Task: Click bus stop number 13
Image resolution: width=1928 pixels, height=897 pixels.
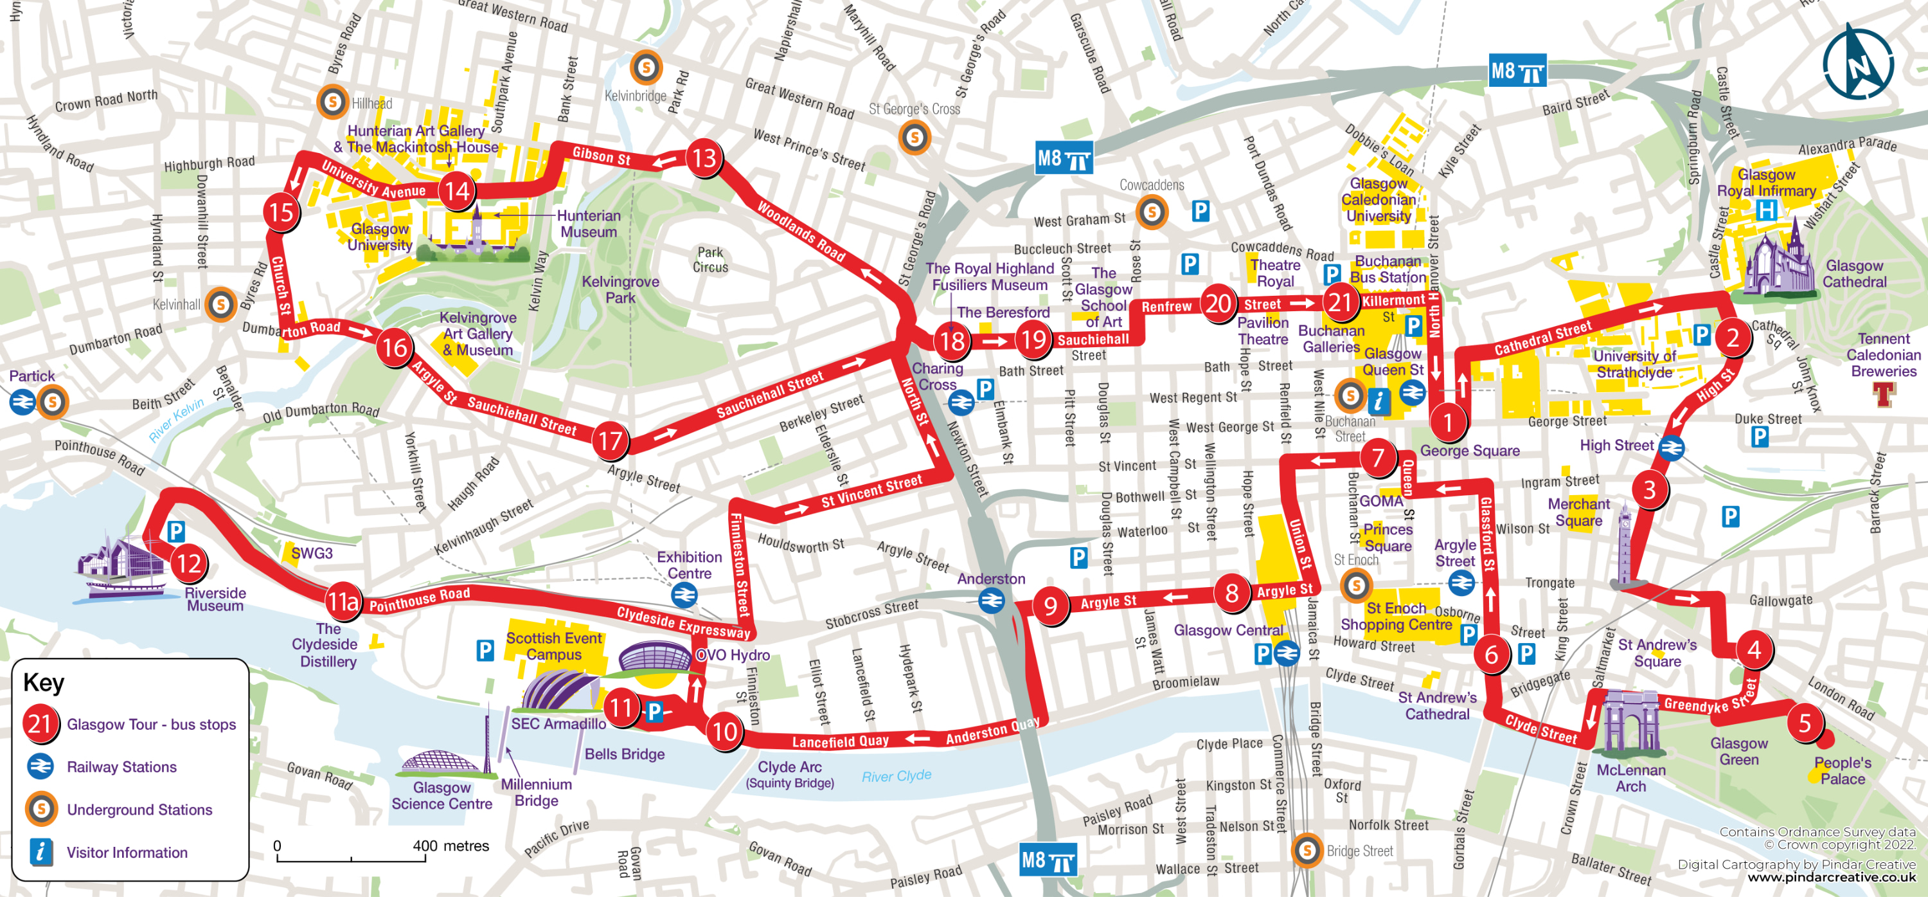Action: click(704, 158)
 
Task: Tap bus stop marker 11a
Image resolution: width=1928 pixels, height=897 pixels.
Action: click(343, 601)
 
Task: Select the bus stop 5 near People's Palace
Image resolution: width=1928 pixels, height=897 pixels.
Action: click(1805, 723)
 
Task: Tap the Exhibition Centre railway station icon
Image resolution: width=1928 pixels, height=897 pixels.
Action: click(684, 595)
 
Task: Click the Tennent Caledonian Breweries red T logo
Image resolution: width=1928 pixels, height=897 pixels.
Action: click(1884, 394)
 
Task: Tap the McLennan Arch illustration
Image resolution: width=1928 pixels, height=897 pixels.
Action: click(1629, 722)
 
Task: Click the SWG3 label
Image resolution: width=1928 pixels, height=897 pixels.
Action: click(312, 554)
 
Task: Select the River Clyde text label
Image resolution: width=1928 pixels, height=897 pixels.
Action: click(896, 775)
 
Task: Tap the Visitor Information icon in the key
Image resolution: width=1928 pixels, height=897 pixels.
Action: click(41, 852)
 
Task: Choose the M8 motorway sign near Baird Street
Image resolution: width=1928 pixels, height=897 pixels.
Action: click(1517, 72)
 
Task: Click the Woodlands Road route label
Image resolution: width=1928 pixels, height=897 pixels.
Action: click(801, 231)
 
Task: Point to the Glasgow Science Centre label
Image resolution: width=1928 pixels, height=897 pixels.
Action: click(442, 795)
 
